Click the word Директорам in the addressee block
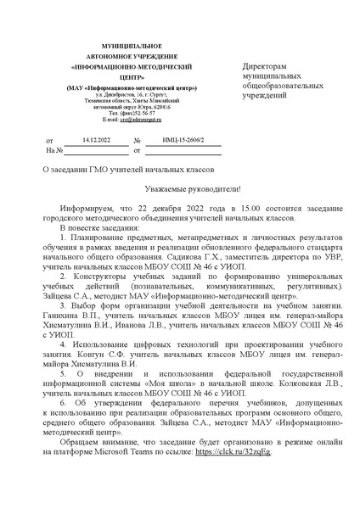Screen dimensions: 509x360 coord(266,66)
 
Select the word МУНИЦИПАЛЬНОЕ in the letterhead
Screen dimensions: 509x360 coord(120,42)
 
